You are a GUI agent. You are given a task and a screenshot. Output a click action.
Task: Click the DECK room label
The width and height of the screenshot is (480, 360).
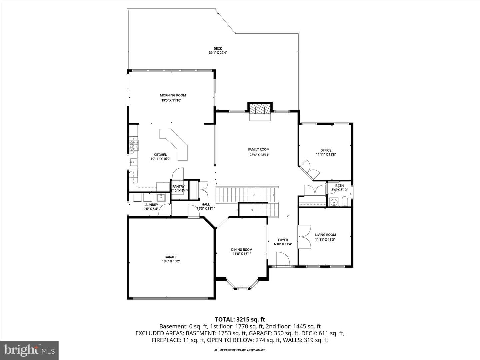tap(218, 49)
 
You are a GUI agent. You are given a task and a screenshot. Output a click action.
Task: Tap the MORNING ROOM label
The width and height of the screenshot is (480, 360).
tap(173, 95)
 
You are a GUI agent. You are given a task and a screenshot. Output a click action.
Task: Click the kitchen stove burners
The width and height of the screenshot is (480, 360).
tap(134, 146)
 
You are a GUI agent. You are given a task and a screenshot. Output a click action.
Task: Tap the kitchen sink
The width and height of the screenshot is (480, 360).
tap(133, 162)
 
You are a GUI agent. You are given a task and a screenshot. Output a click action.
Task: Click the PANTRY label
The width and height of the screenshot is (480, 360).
tap(178, 187)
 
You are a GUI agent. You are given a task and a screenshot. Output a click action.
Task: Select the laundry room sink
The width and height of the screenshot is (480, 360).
tap(161, 197)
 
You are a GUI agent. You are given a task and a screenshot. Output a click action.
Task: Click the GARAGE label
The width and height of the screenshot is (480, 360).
tap(171, 257)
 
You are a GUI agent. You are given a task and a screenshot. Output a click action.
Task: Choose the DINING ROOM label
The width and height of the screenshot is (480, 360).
tap(242, 250)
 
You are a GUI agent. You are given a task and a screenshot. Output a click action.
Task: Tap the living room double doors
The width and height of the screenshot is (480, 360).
tap(304, 237)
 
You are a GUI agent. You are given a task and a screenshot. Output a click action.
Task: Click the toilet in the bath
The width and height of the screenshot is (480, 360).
tap(345, 201)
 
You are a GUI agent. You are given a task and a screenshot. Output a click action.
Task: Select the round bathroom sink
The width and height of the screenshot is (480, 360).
tap(334, 202)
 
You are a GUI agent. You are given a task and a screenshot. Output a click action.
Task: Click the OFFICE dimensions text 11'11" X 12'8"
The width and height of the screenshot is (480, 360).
tap(326, 154)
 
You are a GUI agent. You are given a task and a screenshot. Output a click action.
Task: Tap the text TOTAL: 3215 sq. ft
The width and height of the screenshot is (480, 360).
tap(240, 320)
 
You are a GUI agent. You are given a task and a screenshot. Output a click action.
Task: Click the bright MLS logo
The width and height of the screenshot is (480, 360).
tap(29, 350)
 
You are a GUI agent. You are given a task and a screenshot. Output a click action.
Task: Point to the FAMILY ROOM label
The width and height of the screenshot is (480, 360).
tap(259, 150)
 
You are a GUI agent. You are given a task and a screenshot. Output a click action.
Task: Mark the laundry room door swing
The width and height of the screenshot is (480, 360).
tap(164, 209)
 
